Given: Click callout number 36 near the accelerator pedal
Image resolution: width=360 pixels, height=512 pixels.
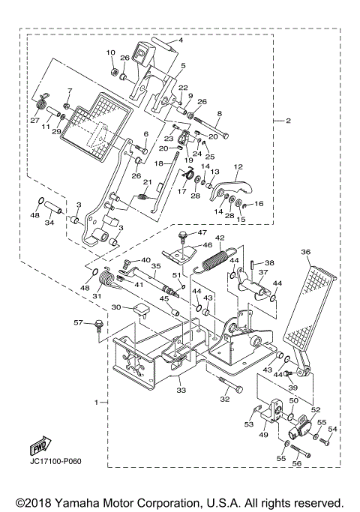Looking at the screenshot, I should coord(305,252).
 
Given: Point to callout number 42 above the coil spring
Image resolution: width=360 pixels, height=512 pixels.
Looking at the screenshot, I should coord(220,238).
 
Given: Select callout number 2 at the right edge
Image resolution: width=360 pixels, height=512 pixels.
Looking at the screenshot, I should coord(287,120).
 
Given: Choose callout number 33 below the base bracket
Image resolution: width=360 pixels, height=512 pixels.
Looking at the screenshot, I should coord(181,390).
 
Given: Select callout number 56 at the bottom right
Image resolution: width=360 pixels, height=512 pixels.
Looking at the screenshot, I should coord(296,463).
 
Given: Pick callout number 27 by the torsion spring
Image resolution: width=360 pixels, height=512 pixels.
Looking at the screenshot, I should coord(34,120).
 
